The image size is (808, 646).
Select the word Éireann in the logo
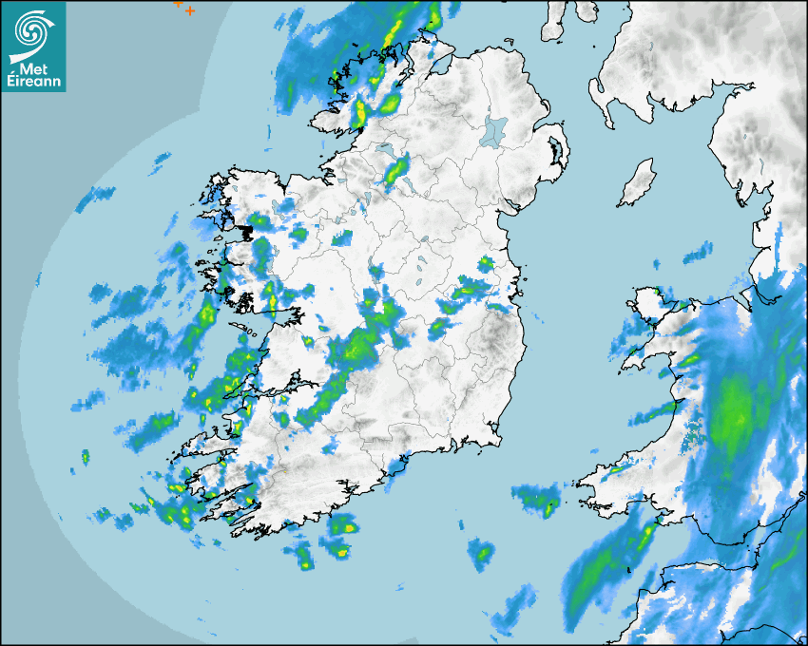pos(33,81)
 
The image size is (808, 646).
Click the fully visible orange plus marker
pos(190,10)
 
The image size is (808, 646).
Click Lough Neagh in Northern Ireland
pos(494,130)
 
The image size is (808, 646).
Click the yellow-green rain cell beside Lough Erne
pos(395,171)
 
